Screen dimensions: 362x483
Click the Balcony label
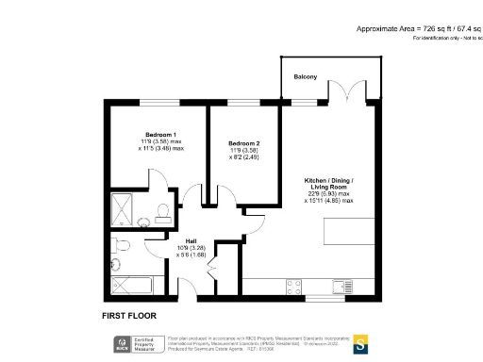(305, 76)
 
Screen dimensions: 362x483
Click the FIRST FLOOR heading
(128, 315)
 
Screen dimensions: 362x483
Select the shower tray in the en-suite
(124, 205)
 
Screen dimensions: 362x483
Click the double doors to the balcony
(341, 91)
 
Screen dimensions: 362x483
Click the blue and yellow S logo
(360, 345)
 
